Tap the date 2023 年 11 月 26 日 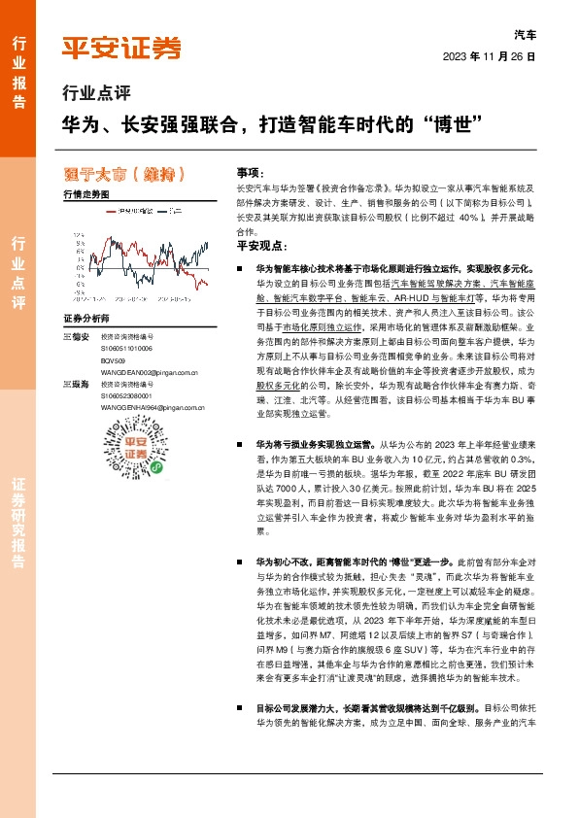point(489,56)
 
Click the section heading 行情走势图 point(85,195)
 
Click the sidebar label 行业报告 point(18,66)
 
